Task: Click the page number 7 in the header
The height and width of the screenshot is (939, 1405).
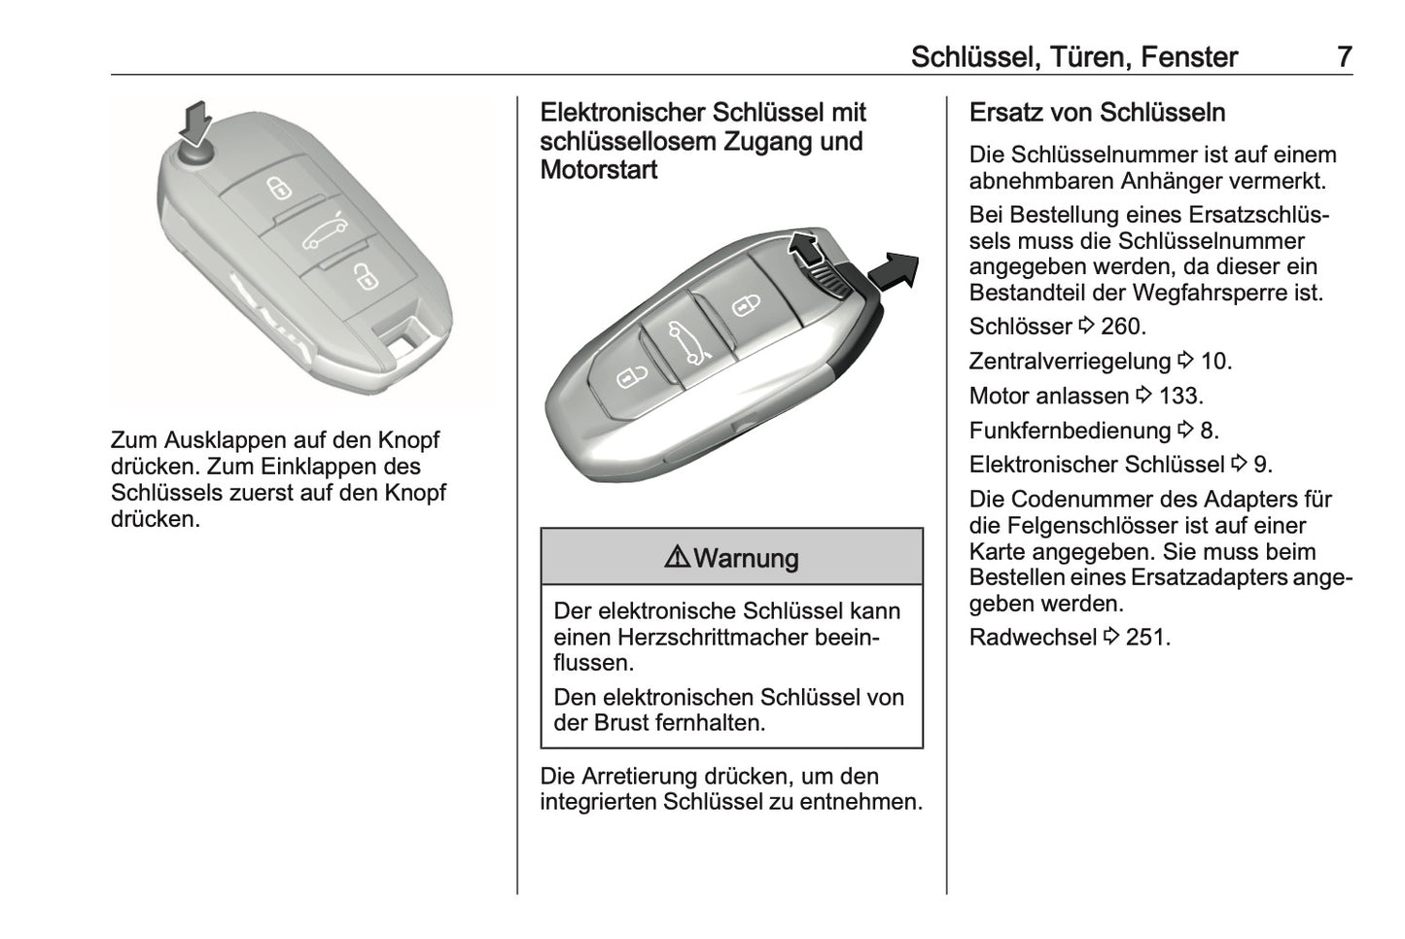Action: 1344,57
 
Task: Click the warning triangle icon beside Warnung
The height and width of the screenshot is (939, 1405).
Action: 678,557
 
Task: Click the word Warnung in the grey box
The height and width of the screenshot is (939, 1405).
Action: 747,558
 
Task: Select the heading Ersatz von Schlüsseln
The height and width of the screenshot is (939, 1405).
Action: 1097,113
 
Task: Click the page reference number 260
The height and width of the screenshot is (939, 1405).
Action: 1123,327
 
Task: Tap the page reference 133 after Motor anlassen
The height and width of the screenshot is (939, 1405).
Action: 1180,396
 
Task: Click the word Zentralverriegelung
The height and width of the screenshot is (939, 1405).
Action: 1070,362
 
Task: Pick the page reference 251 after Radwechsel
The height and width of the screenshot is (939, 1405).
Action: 1147,638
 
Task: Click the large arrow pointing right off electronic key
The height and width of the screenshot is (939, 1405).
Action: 894,269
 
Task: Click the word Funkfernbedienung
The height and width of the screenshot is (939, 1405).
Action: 1070,431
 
